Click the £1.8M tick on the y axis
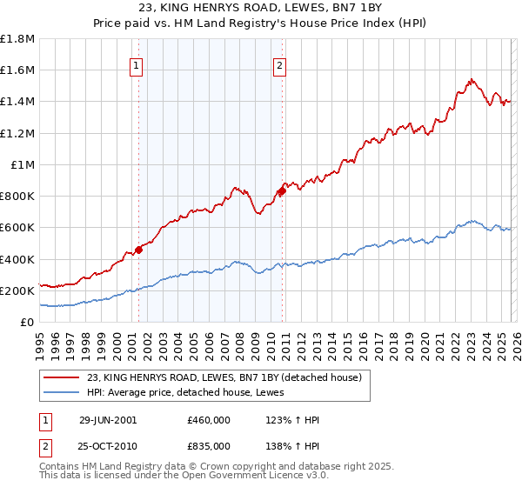(17, 39)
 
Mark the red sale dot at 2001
(138, 250)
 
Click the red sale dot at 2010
(282, 190)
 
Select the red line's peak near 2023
(471, 80)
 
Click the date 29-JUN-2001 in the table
(108, 420)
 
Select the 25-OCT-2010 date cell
(108, 445)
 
